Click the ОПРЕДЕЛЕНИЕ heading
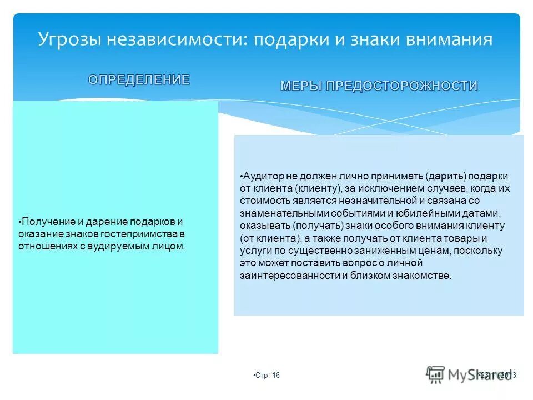[139, 80]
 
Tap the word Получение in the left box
[44, 221]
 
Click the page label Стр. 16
[267, 376]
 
